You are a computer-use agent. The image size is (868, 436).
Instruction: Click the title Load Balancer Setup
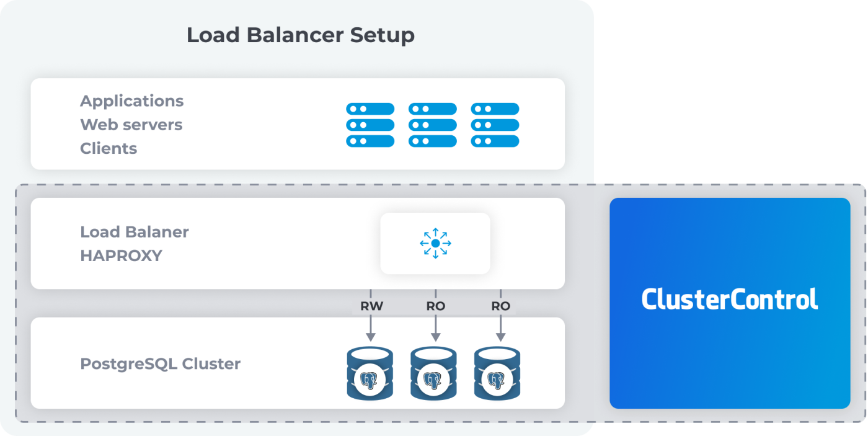[x=300, y=35]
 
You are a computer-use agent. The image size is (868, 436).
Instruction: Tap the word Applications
[x=131, y=101]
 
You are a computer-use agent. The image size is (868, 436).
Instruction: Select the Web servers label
[x=131, y=125]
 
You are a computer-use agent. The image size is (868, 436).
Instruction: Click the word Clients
[x=108, y=149]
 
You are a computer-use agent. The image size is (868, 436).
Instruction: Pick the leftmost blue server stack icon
[x=370, y=125]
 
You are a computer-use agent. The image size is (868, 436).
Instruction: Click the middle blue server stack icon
[x=432, y=125]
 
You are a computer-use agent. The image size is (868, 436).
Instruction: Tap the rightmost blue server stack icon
[x=495, y=125]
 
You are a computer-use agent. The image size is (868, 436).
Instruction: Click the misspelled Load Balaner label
[x=134, y=232]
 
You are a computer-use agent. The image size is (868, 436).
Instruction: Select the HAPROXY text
[x=121, y=256]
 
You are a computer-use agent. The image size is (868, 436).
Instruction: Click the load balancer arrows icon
[x=435, y=243]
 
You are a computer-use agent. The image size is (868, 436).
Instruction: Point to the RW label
[x=371, y=306]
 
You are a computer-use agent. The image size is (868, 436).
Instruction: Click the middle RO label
[x=435, y=306]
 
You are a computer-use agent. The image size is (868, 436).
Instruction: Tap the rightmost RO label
[x=500, y=306]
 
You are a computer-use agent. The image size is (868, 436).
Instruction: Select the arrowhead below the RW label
[x=371, y=336]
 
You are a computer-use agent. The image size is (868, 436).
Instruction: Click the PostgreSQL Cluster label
[x=160, y=363]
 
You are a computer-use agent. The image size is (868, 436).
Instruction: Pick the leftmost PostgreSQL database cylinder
[x=370, y=373]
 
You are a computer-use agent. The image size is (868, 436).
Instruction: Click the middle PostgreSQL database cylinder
[x=433, y=373]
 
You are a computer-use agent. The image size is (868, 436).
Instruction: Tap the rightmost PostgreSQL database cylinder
[x=497, y=373]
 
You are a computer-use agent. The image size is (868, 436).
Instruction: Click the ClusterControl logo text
[x=729, y=299]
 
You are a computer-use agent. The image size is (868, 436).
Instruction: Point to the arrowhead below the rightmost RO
[x=500, y=336]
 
